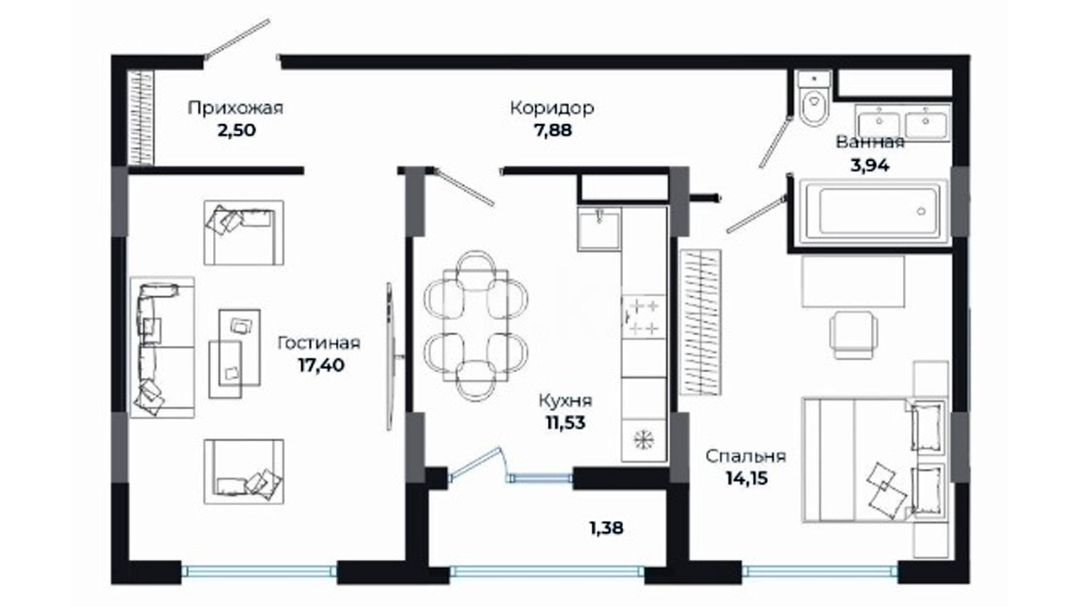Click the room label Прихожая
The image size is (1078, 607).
[235, 108]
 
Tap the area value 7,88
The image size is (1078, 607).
[552, 130]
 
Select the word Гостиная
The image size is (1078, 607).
[319, 343]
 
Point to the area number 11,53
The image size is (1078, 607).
[565, 423]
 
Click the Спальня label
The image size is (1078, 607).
[746, 456]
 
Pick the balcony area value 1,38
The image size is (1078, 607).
[606, 528]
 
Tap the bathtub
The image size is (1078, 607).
[873, 212]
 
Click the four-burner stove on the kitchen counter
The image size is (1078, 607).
[644, 317]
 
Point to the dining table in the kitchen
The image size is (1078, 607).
[475, 326]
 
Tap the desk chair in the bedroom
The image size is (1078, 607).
[853, 335]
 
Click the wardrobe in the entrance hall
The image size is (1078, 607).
[140, 118]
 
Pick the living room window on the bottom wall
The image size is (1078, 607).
[259, 572]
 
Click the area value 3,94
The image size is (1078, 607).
[870, 166]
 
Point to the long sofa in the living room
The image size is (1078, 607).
[162, 347]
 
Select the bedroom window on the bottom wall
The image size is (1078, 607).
[820, 572]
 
